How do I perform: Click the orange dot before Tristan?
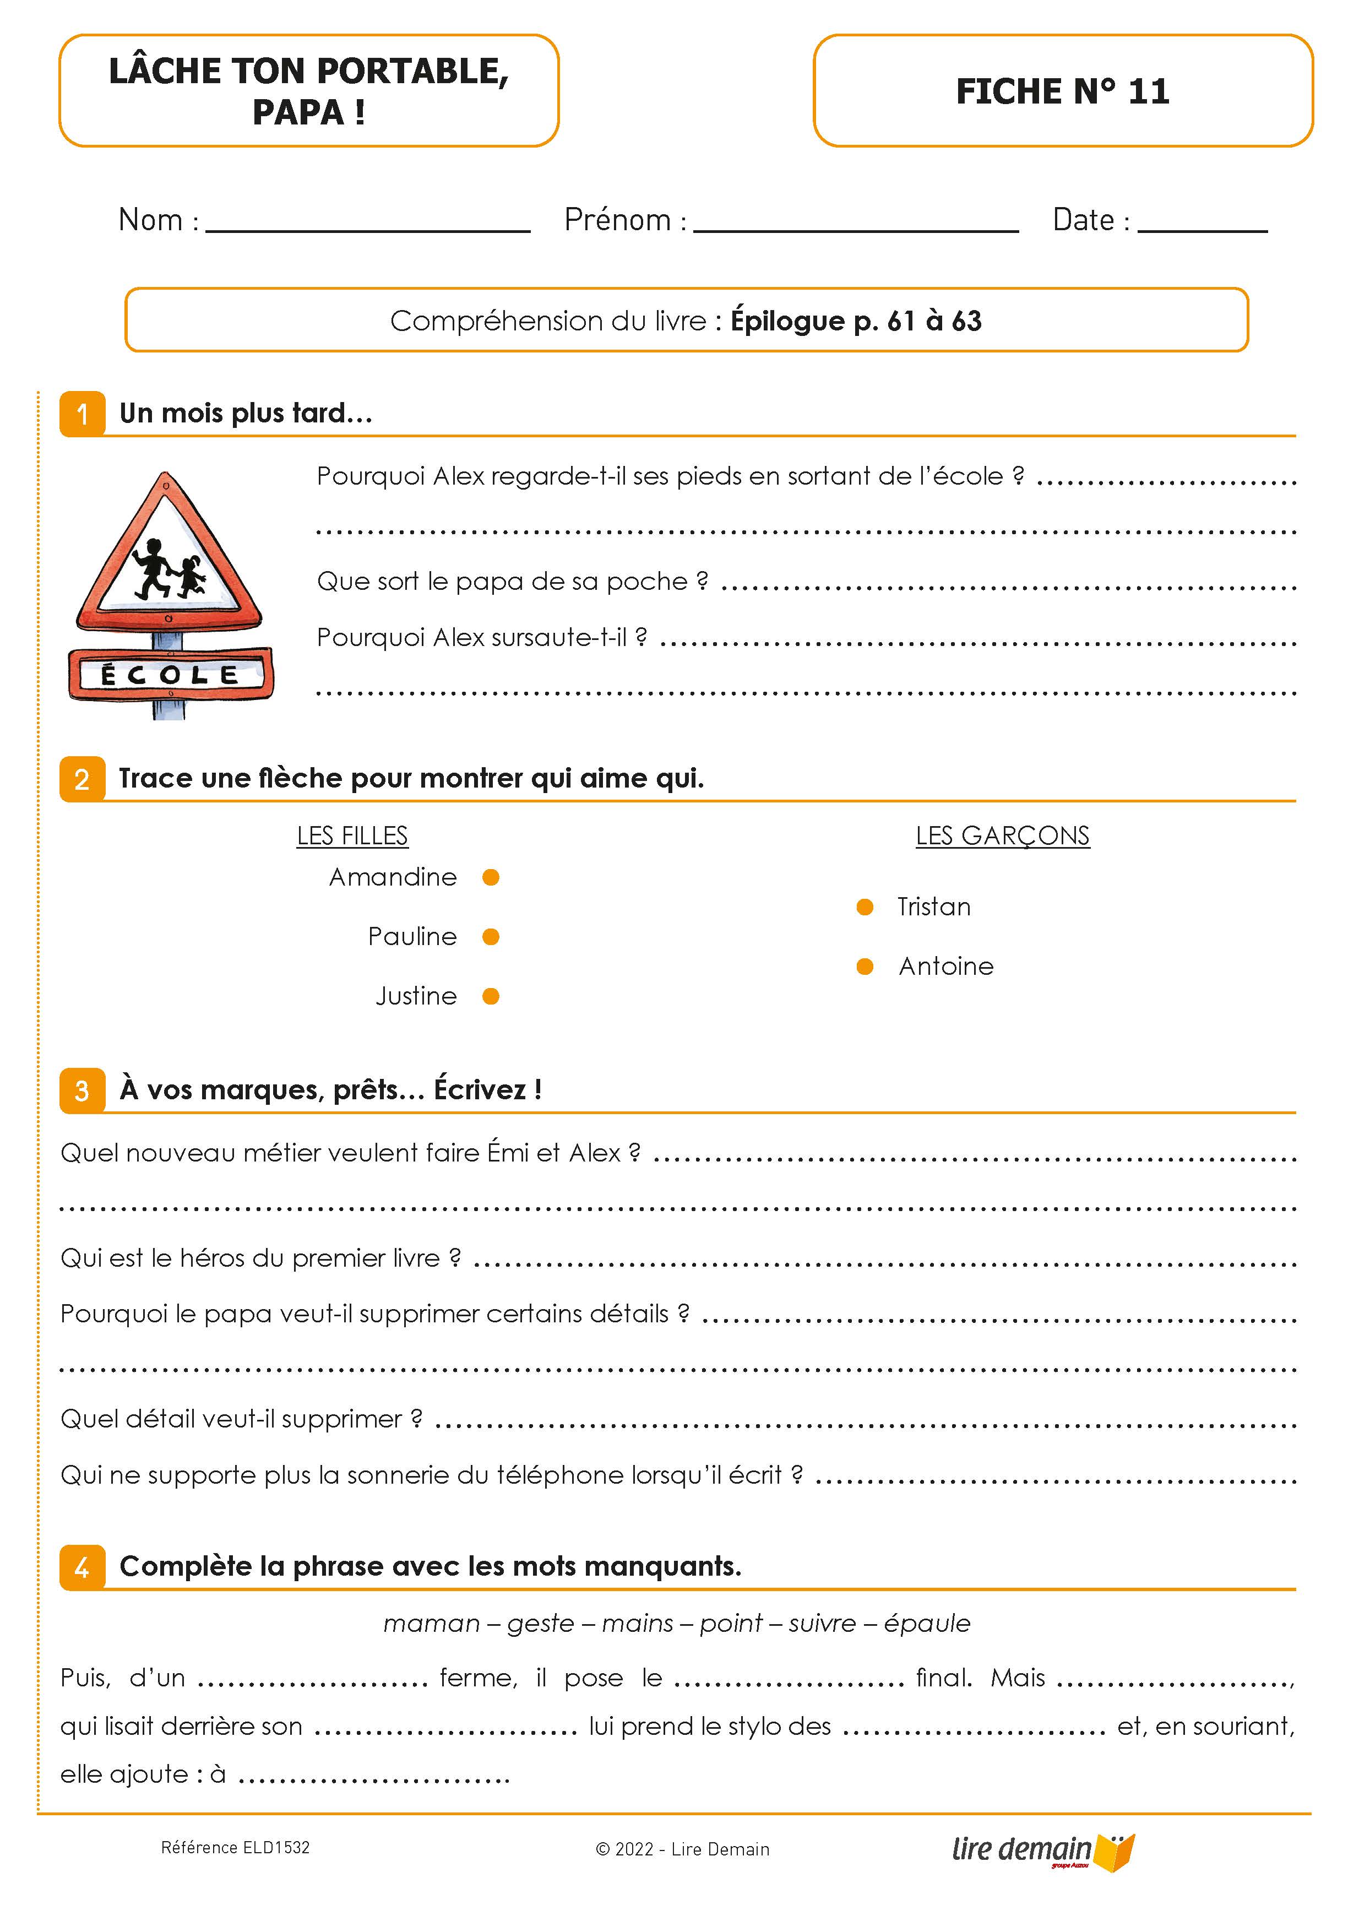(x=865, y=907)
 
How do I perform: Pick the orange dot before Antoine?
(x=865, y=966)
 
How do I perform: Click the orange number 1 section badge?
(x=82, y=414)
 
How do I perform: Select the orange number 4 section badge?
(x=82, y=1567)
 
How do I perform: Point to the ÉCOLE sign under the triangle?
(x=170, y=674)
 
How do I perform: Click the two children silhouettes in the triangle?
(x=168, y=568)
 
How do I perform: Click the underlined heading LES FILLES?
(x=352, y=835)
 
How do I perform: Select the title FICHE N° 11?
(x=1063, y=91)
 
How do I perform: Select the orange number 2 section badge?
(x=82, y=779)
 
